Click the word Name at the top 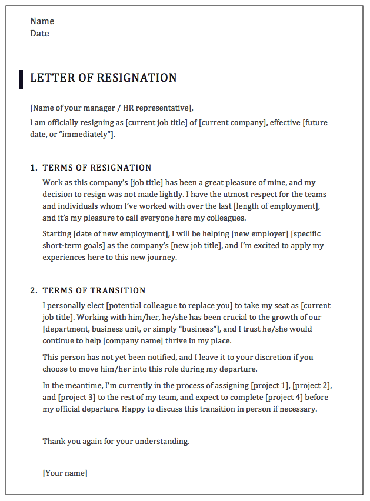click(42, 21)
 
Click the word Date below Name click(39, 34)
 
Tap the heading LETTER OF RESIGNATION click(103, 78)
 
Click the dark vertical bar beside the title click(21, 79)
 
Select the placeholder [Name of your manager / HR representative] click(111, 108)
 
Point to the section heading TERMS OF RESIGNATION click(97, 168)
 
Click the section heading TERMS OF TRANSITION click(94, 290)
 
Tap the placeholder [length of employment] click(275, 206)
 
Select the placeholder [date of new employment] click(121, 234)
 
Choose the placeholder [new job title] click(202, 246)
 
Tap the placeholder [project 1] click(269, 386)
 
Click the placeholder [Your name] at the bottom click(65, 473)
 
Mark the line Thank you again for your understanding click(116, 441)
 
